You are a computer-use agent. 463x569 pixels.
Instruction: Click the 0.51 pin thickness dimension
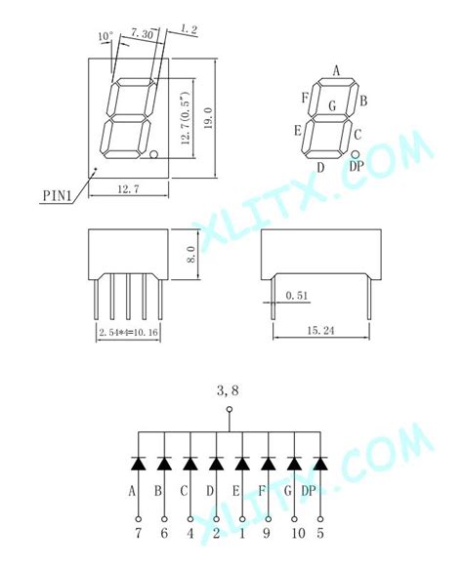pos(296,293)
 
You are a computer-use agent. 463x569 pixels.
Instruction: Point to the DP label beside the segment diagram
pos(356,167)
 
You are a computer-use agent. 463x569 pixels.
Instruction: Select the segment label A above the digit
pos(335,70)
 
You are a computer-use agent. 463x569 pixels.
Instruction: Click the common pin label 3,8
pos(229,390)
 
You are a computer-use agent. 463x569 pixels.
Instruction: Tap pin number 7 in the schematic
pos(138,534)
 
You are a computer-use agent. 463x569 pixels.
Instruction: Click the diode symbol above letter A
pos(138,463)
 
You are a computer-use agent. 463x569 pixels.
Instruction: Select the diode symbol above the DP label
pos(319,463)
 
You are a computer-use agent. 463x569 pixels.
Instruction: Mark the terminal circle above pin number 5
pos(319,518)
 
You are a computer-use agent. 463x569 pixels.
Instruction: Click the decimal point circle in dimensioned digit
pos(154,155)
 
